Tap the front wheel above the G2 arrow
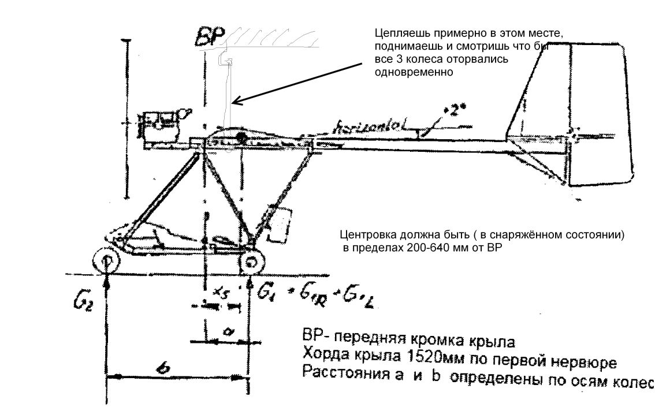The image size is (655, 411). tap(107, 261)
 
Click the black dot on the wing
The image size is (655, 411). tap(241, 137)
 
